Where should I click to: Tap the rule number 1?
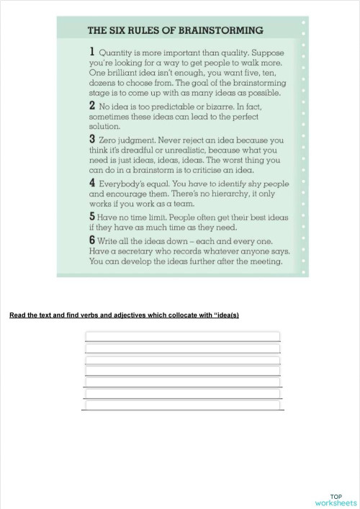click(91, 51)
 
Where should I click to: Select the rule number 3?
click(91, 138)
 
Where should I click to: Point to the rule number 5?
click(91, 215)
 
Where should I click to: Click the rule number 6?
click(91, 238)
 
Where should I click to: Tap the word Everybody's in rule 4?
click(127, 184)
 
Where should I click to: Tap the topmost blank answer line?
click(183, 335)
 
